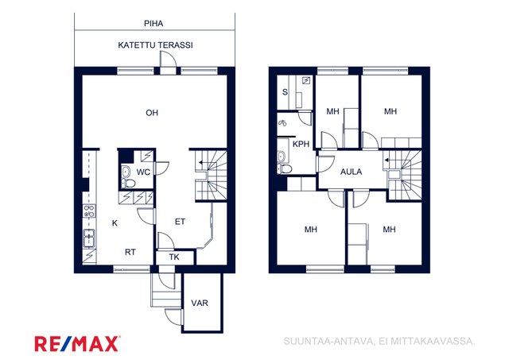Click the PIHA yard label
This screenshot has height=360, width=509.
[x=153, y=23]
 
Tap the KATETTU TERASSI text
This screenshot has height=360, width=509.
[x=155, y=45]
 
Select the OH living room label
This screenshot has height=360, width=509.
[x=152, y=113]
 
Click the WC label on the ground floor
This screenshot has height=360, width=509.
[x=143, y=172]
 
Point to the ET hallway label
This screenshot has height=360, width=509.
[x=180, y=222]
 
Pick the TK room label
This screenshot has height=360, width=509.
[x=174, y=257]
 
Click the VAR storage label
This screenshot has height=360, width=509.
[x=200, y=304]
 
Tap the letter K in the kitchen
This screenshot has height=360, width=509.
[x=115, y=223]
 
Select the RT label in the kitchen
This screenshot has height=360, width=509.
[x=130, y=252]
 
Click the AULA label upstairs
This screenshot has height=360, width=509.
[x=351, y=172]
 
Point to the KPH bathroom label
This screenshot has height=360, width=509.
[x=301, y=144]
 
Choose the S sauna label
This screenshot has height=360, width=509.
[x=285, y=92]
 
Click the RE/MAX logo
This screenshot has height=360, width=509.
[x=77, y=344]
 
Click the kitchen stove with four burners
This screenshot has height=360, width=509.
[x=89, y=211]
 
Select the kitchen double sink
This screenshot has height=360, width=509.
[x=89, y=238]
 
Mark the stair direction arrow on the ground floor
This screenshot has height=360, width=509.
[x=204, y=162]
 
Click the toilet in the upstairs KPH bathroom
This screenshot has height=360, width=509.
[x=285, y=168]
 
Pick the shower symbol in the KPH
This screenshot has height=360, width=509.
[x=283, y=123]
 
